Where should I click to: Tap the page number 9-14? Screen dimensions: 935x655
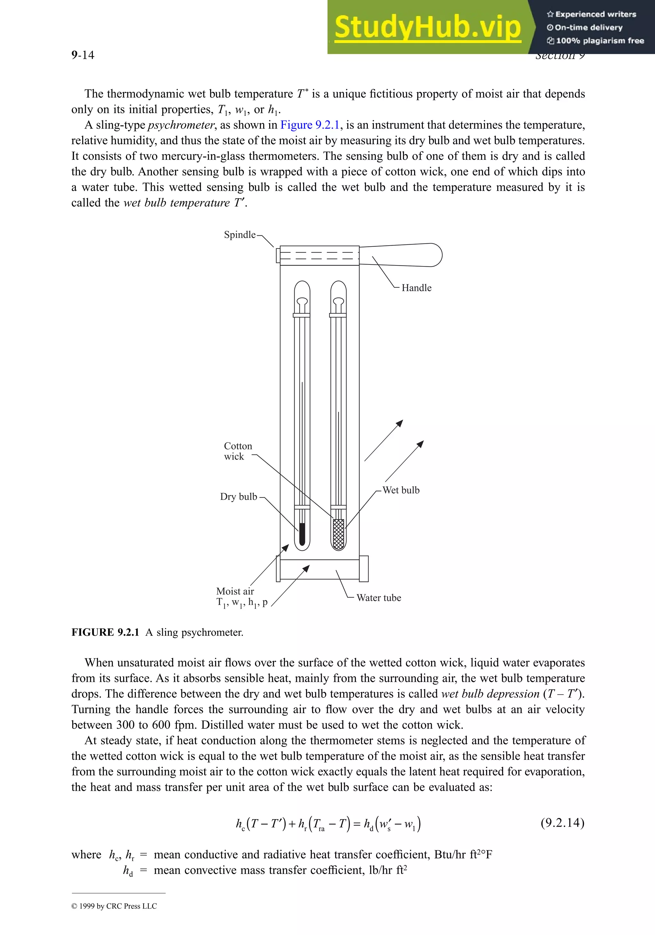tap(83, 55)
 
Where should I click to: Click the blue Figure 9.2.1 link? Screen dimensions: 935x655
tap(310, 125)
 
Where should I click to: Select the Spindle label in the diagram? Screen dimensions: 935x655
tap(240, 235)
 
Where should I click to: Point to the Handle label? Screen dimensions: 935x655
tap(416, 288)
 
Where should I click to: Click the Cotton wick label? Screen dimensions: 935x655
tap(238, 451)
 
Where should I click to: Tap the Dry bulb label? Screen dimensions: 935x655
tap(238, 497)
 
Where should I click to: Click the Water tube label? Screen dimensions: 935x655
tap(378, 598)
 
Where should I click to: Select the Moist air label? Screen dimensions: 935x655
tap(235, 591)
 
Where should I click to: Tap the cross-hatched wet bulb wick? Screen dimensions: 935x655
tap(338, 534)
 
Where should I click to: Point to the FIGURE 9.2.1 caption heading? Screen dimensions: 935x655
tap(105, 632)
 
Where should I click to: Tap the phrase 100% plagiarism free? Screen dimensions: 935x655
tap(600, 41)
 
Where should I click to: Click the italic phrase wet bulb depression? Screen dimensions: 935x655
tap(490, 694)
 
